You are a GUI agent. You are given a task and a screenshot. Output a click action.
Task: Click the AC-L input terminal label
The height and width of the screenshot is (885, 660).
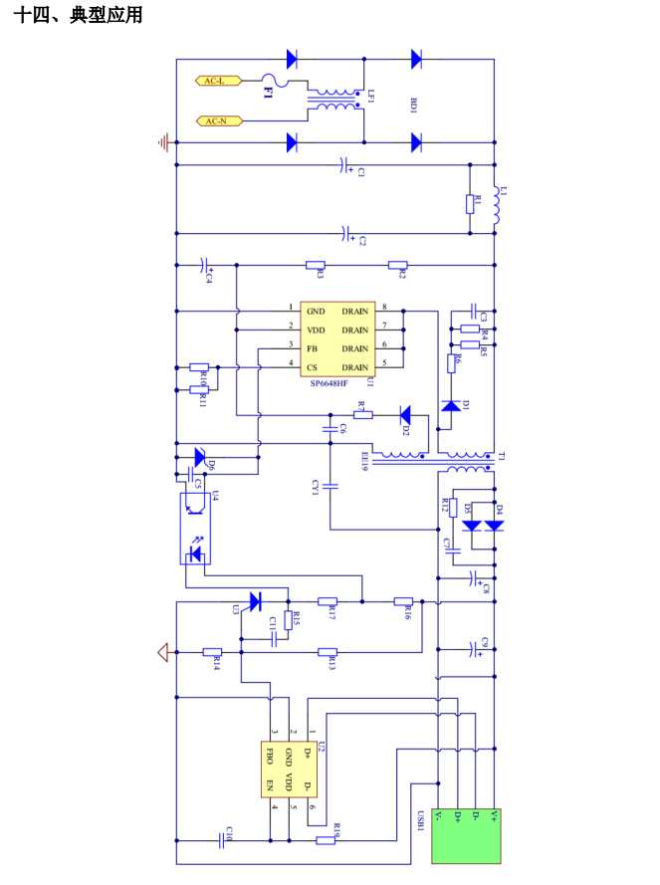214,81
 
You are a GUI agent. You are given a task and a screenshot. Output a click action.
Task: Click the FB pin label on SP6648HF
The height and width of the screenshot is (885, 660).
312,347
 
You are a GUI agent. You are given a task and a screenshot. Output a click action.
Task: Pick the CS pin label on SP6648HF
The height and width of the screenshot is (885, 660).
312,366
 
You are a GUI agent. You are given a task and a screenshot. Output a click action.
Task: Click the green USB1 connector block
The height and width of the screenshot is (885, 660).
467,836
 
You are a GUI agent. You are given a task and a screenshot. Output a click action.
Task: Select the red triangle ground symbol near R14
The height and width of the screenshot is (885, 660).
162,653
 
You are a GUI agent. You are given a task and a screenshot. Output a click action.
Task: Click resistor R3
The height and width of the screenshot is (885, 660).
316,265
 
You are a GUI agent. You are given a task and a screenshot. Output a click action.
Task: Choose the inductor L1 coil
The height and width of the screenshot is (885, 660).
494,204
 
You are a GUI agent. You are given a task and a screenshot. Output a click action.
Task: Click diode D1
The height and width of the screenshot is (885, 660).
453,405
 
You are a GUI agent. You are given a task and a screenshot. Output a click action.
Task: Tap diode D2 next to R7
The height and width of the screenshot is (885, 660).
405,414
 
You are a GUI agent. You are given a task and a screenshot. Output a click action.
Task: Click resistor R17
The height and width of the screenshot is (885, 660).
329,602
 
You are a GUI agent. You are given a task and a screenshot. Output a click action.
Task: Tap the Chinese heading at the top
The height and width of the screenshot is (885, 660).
79,16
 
